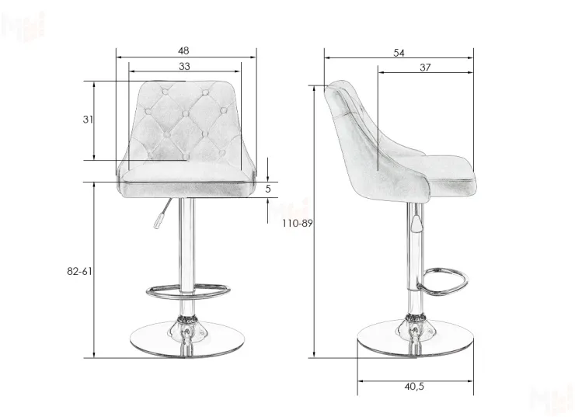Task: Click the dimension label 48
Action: pos(183,50)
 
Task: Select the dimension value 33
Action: pos(184,66)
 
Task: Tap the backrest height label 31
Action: pos(88,120)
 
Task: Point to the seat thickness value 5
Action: pos(268,189)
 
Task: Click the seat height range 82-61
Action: pos(79,271)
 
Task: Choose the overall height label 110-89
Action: pos(298,223)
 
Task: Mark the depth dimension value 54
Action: pos(399,53)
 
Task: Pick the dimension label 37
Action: pos(425,68)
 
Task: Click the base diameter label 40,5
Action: pos(414,386)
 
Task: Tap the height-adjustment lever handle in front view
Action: pos(158,221)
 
